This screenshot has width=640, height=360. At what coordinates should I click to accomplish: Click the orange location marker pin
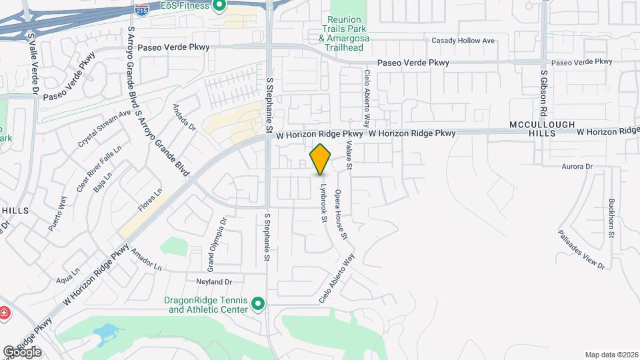click(321, 159)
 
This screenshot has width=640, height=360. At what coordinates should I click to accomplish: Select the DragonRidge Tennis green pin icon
click(258, 305)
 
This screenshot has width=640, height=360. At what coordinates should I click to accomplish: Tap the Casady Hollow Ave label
click(463, 41)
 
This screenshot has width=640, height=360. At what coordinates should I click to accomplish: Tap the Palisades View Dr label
click(582, 250)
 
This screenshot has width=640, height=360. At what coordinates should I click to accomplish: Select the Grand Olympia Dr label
click(216, 245)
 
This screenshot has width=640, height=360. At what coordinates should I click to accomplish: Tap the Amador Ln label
click(147, 259)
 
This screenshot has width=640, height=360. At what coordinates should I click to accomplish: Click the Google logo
click(22, 351)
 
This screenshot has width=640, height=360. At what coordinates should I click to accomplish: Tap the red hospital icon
click(3, 313)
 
